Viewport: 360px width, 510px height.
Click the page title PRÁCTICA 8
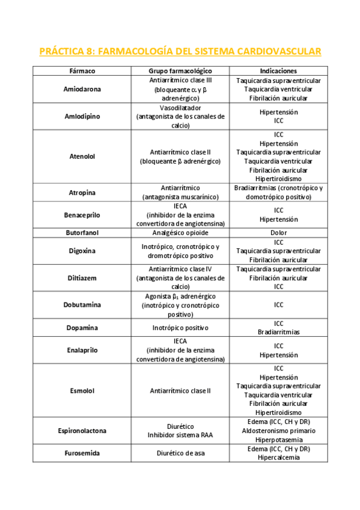180,51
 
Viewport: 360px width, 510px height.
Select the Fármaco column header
82,70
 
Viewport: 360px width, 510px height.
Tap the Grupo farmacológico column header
180,70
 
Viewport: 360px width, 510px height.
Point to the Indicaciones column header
278,70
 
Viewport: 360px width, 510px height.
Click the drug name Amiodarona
82,89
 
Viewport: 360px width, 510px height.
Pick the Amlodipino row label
82,117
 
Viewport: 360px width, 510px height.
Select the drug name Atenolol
82,156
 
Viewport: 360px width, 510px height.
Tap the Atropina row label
82,192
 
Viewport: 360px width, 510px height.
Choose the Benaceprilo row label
82,215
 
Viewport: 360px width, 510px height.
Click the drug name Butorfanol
82,233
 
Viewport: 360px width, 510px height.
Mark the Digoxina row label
82,251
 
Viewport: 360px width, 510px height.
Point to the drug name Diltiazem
82,278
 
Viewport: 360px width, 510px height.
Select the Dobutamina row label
82,305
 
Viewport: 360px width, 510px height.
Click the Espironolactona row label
82,431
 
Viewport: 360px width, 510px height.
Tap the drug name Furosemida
82,453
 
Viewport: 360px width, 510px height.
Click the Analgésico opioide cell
180,233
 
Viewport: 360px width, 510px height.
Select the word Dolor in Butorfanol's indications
278,233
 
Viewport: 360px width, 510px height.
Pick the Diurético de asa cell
180,453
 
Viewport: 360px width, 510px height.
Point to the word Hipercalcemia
278,458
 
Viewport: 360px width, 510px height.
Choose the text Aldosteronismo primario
278,431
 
